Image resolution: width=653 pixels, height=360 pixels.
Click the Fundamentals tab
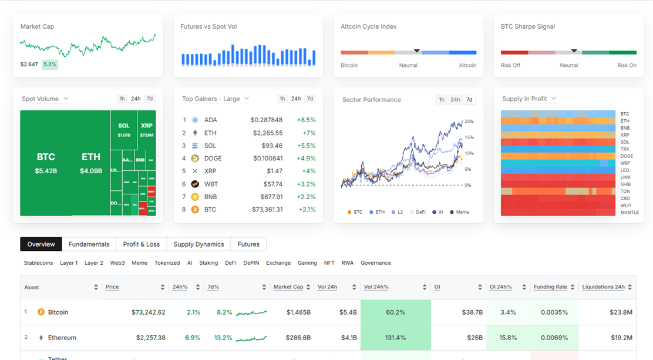coord(89,244)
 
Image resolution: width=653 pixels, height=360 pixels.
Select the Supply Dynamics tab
coord(198,244)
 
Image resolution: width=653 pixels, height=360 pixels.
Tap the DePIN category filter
coord(251,263)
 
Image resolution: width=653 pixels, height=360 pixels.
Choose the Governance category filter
coord(375,263)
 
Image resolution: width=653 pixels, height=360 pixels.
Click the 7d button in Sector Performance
coord(469,100)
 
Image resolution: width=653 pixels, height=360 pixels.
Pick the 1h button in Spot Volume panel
coord(122,99)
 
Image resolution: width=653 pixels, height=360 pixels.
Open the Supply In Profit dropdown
coord(529,99)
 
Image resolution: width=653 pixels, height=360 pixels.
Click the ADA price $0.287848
coord(267,120)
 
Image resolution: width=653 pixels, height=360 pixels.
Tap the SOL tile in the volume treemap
coord(124,129)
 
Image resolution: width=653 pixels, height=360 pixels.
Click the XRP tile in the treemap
coord(147,129)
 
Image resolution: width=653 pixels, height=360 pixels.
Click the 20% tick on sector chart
coord(468,122)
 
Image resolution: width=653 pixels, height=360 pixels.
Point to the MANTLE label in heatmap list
coord(629,213)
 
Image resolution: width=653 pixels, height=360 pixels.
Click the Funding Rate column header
coord(550,287)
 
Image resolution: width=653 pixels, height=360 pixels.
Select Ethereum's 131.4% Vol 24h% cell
coord(395,338)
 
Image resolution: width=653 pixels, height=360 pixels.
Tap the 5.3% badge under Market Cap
coord(50,65)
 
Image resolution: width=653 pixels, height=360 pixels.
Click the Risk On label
coord(627,65)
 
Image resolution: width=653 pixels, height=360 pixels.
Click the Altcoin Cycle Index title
coord(368,26)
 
